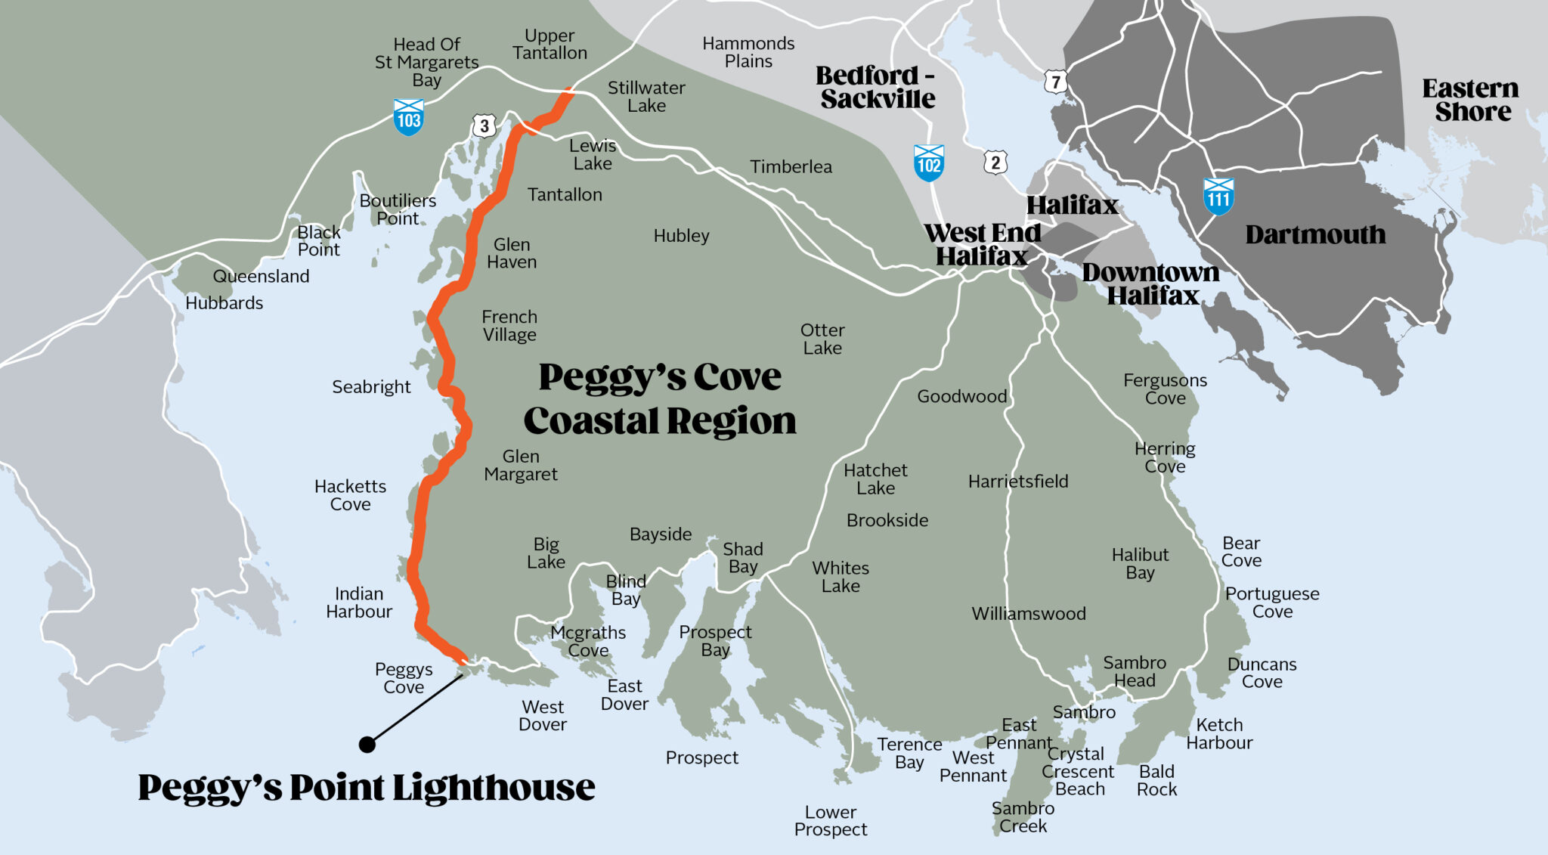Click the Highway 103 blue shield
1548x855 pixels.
coord(409,117)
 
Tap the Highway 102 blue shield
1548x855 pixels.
coord(929,163)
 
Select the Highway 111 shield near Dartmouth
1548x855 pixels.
coord(1218,197)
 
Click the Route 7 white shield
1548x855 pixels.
coord(1056,82)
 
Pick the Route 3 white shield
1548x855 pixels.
coord(485,125)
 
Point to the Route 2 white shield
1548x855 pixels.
coord(995,163)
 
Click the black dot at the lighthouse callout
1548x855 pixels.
coord(367,745)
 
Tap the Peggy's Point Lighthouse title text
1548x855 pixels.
coord(367,788)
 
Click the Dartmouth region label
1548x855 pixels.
coord(1315,235)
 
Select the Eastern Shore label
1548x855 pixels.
coord(1471,100)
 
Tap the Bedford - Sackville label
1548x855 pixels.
coord(877,87)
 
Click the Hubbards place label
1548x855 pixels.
coord(224,303)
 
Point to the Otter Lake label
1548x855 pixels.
coord(822,339)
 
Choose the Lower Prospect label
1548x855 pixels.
coord(831,821)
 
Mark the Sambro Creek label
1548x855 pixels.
coord(1023,817)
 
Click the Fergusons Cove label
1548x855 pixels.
coord(1165,389)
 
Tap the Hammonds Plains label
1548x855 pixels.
coord(748,52)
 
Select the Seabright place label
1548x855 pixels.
coord(371,387)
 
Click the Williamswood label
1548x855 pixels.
coord(1029,614)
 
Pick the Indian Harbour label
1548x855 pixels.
coord(359,603)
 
